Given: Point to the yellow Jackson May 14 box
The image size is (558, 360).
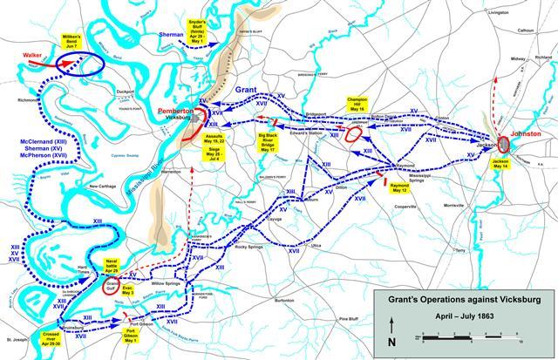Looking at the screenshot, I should click(x=500, y=166).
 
